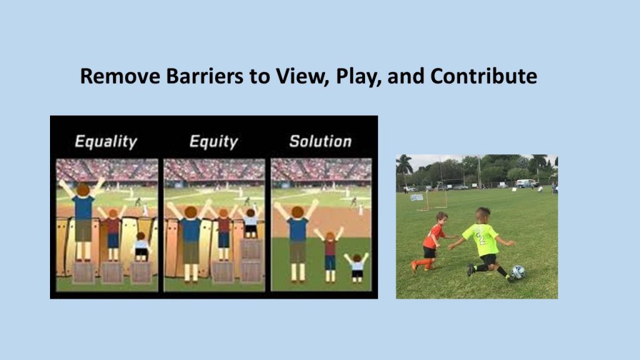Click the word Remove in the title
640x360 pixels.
[x=120, y=76]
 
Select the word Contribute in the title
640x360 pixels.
[x=484, y=76]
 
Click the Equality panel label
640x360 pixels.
[x=106, y=142]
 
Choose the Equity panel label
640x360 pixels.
[x=214, y=142]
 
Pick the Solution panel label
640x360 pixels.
[x=320, y=141]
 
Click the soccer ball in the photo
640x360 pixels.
[x=518, y=272]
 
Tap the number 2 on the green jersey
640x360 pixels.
[x=481, y=238]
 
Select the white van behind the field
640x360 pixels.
[x=526, y=183]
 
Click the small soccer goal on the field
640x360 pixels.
[x=432, y=201]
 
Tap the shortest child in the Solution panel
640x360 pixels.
[x=357, y=267]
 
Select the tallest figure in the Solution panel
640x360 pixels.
[x=297, y=241]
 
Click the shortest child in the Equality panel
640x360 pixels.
[x=141, y=247]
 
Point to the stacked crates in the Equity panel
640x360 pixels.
[x=251, y=261]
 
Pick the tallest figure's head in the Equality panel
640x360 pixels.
[x=83, y=190]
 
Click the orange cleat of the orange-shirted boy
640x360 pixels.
[x=414, y=266]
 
